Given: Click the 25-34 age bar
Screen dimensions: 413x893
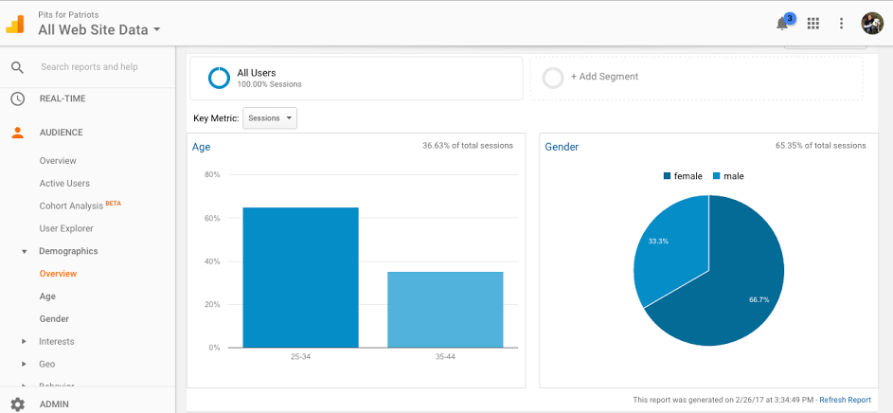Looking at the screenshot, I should [x=300, y=277].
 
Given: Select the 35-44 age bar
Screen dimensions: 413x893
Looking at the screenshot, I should [x=445, y=309].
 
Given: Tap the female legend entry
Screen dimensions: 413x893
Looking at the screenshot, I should [x=683, y=176].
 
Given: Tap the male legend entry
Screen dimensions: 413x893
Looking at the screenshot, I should [x=729, y=176].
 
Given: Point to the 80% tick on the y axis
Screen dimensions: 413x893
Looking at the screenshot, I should [x=212, y=175].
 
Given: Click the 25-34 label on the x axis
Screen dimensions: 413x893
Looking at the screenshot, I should [x=300, y=356].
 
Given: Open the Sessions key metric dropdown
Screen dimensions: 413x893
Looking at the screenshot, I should [x=270, y=118].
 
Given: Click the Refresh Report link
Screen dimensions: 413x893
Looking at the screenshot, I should [x=845, y=400].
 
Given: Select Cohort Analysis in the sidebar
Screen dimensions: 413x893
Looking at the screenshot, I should [x=72, y=206].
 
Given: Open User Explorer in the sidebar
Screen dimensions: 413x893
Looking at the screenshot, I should [x=66, y=228].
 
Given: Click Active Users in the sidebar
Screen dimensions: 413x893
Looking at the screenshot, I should [x=64, y=183].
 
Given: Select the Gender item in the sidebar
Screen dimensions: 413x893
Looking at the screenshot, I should [x=54, y=319].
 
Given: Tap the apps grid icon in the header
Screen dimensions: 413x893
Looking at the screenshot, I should [x=813, y=24].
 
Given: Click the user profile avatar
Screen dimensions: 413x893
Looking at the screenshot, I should [x=871, y=24].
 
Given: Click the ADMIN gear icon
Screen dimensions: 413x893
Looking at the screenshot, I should [x=17, y=404].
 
